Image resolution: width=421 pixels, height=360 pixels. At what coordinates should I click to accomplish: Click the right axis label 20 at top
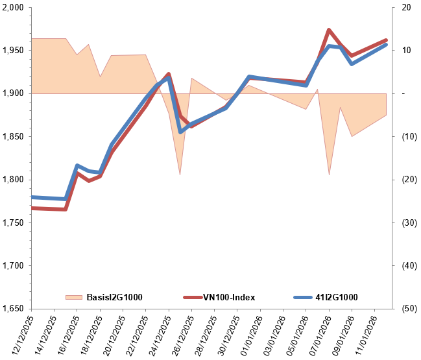(x=406, y=8)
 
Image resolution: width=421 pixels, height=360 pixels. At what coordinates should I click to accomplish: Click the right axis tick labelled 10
(x=406, y=51)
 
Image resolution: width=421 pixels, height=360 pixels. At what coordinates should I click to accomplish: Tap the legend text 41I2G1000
(x=336, y=297)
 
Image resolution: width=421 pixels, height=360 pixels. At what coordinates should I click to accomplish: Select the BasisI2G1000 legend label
(x=114, y=297)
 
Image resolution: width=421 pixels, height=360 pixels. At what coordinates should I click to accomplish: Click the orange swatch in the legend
(x=74, y=297)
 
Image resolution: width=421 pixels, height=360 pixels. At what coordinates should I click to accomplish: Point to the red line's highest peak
(x=329, y=30)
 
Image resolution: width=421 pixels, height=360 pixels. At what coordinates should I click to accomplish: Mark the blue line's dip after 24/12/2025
(x=180, y=132)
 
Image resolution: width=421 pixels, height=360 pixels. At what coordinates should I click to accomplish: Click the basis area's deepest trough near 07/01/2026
(x=329, y=174)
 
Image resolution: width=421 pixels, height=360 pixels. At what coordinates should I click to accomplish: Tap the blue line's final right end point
(x=387, y=45)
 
